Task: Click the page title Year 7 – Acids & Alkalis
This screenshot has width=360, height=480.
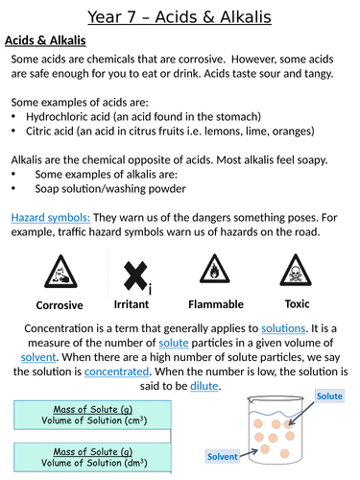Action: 180,16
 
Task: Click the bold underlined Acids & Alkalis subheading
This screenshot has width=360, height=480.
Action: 46,40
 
